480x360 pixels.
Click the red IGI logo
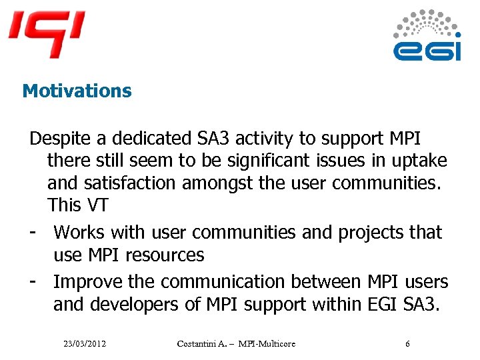47,33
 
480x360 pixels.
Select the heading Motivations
77,91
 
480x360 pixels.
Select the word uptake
420,161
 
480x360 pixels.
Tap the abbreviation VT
96,205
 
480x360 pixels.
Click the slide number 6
408,343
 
